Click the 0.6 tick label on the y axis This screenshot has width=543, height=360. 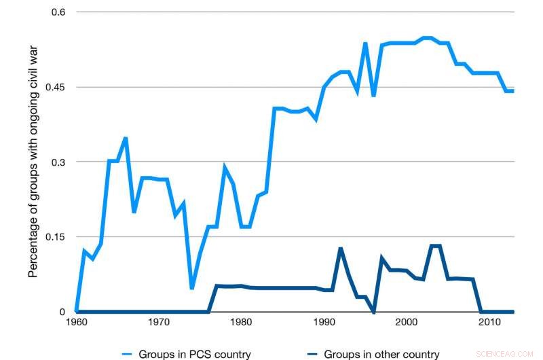point(59,12)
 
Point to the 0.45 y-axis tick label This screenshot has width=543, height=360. point(56,87)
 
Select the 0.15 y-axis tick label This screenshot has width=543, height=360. point(56,237)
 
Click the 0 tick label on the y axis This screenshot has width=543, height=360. point(64,312)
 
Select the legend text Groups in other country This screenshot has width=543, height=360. point(381,353)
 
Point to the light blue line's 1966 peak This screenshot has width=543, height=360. point(126,139)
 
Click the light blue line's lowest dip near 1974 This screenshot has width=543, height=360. point(192,288)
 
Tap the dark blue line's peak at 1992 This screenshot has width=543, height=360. point(341,249)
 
